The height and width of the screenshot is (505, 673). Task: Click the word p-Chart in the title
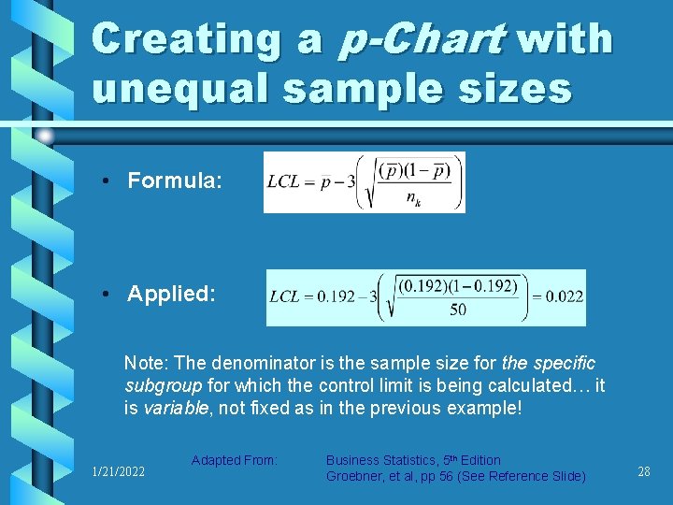(426, 40)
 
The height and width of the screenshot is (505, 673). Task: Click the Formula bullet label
(174, 180)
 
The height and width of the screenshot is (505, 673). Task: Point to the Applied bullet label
(171, 294)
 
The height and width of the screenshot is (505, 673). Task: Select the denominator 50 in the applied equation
(457, 310)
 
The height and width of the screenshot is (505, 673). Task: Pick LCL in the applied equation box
(286, 297)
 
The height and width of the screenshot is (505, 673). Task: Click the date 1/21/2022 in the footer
(118, 472)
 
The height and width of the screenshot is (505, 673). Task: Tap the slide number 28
(643, 472)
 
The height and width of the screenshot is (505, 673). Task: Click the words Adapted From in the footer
(235, 460)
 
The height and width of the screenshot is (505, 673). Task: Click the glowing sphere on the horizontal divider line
(44, 137)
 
